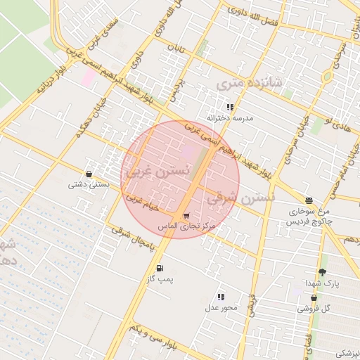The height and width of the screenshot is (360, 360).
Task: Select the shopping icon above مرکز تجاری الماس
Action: (x=186, y=216)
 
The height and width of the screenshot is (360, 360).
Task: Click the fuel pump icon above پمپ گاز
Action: (x=160, y=269)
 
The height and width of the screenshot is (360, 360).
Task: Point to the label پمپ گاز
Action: (x=160, y=281)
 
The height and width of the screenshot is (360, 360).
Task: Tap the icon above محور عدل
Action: (x=221, y=297)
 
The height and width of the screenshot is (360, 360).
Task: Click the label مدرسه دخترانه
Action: (x=230, y=118)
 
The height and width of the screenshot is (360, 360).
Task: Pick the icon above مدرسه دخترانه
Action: (x=230, y=107)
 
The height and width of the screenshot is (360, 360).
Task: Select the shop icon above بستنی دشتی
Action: (x=89, y=174)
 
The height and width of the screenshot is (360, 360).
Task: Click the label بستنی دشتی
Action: (x=89, y=185)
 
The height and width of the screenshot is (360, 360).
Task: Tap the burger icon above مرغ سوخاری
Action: (x=309, y=200)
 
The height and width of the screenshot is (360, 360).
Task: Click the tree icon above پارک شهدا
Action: (x=322, y=271)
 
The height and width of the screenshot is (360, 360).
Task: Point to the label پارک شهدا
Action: (x=322, y=283)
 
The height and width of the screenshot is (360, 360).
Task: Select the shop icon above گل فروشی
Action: (x=314, y=297)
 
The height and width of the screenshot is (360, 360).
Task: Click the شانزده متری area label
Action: (x=249, y=84)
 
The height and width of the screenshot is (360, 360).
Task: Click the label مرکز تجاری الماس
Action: (x=187, y=227)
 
